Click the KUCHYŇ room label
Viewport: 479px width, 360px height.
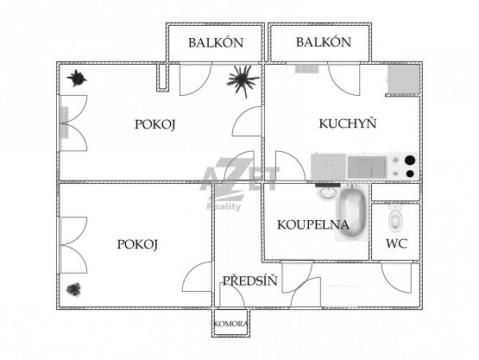pos(348,123)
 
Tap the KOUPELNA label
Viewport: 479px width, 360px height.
pos(313,225)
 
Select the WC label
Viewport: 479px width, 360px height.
pos(396,243)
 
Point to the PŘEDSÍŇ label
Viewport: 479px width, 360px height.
pos(250,280)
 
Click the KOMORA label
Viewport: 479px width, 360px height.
pos(230,324)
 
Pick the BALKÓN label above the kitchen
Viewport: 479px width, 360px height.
pos(324,41)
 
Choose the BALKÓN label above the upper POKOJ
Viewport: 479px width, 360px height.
pos(216,43)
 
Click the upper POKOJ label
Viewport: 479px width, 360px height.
pos(154,124)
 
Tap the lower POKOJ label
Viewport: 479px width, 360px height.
pos(137,244)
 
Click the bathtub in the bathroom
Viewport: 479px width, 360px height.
pos(352,212)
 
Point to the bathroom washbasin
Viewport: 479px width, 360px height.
pos(327,193)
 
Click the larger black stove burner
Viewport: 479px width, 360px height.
pos(410,160)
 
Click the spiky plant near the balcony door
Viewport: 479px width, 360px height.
pos(243,81)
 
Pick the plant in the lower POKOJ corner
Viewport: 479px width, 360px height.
pos(73,289)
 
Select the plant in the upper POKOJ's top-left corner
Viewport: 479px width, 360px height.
pos(76,78)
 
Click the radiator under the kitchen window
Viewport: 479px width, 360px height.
pos(307,69)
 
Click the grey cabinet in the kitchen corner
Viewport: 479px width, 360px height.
pos(403,79)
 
